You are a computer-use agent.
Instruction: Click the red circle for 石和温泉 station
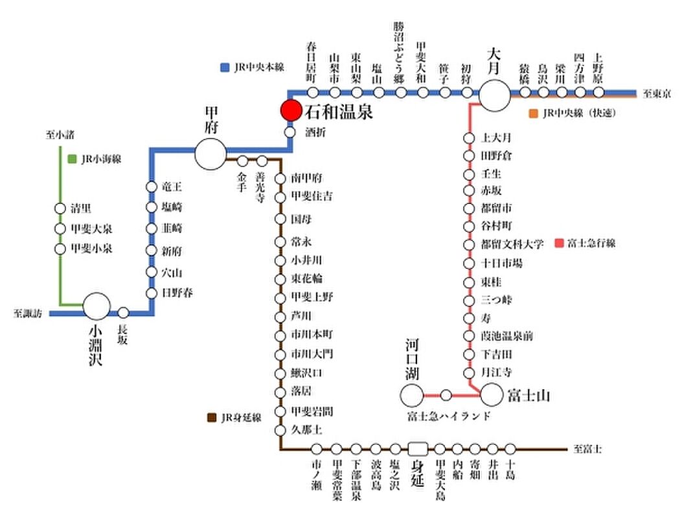(x=291, y=111)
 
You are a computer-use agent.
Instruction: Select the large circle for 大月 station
(x=494, y=94)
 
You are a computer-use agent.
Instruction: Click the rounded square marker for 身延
(x=418, y=448)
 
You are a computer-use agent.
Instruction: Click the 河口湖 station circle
(x=412, y=394)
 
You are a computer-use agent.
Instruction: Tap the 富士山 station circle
(x=490, y=394)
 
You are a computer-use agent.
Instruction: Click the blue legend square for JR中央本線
(x=225, y=67)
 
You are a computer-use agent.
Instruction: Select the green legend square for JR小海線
(x=72, y=159)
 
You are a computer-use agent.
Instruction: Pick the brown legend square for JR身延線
(x=211, y=418)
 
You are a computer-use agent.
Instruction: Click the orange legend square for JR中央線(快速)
(x=533, y=113)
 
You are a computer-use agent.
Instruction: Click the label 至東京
(x=656, y=95)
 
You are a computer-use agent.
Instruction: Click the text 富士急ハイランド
(x=449, y=416)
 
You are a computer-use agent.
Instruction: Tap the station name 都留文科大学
(x=512, y=244)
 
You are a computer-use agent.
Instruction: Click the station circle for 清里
(x=60, y=208)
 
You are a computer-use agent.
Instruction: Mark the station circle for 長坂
(x=123, y=313)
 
